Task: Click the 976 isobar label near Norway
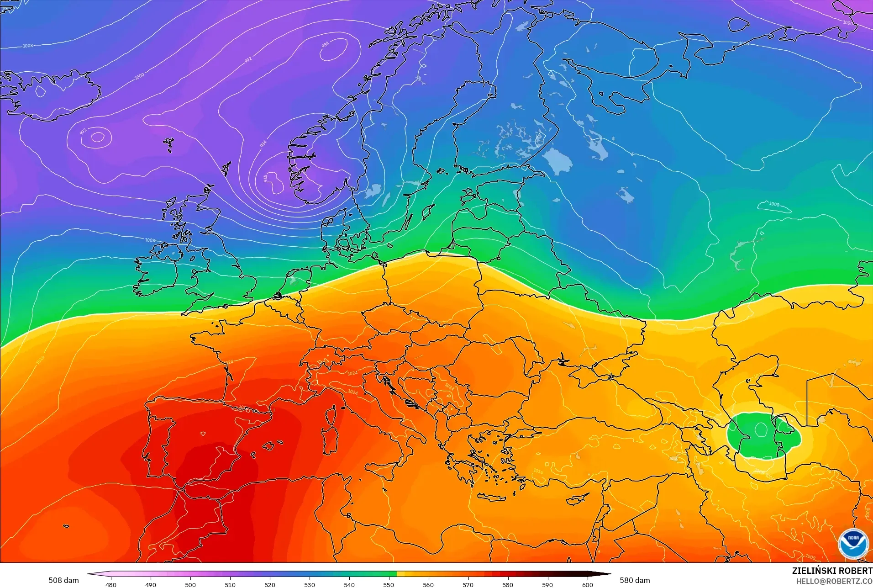point(265,178)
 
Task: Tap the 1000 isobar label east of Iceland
point(139,76)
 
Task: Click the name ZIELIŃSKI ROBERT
point(832,571)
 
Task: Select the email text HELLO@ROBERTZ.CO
point(834,581)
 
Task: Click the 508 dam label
point(63,580)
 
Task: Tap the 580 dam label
point(635,580)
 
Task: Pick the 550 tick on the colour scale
point(389,584)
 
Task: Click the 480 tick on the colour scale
point(111,584)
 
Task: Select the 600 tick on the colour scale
point(587,584)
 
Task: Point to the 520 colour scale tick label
point(270,584)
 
